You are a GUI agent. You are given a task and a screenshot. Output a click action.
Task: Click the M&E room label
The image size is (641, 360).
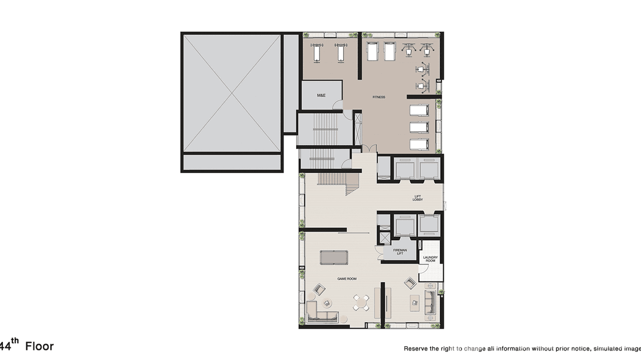click(x=321, y=95)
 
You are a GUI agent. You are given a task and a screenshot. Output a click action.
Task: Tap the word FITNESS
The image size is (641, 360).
click(x=379, y=97)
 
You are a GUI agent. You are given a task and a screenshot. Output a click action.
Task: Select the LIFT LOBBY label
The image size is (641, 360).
click(x=417, y=198)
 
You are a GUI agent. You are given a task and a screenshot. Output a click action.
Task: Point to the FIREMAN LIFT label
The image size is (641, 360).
click(x=400, y=252)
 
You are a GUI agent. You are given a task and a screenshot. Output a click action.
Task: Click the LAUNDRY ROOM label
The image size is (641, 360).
click(x=430, y=259)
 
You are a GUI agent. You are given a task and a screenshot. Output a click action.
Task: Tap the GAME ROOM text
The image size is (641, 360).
click(x=347, y=279)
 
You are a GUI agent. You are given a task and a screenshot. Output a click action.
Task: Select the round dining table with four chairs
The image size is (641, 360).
click(x=361, y=302)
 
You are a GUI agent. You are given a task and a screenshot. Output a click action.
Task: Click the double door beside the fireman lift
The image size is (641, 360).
click(x=381, y=253)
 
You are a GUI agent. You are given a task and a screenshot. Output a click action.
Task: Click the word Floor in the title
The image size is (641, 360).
click(x=39, y=346)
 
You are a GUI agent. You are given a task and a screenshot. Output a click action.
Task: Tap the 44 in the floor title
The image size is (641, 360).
click(x=5, y=346)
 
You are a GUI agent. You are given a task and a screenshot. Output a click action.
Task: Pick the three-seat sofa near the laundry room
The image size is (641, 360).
click(x=430, y=304)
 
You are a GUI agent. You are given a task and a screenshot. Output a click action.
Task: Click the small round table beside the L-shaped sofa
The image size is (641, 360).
click(x=327, y=302)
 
